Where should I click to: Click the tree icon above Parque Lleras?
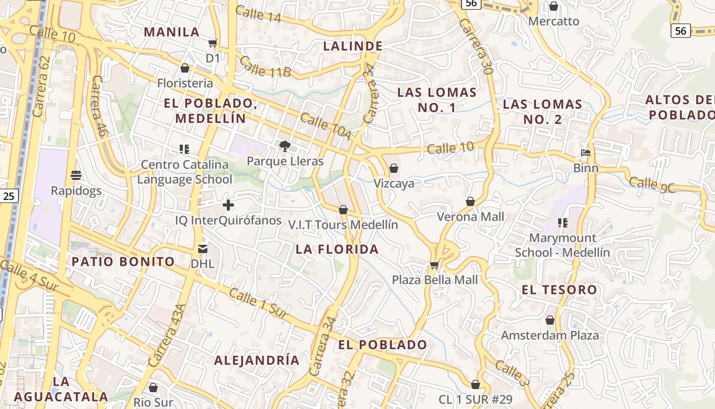coord(285,146)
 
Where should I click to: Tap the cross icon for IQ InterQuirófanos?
coord(228,205)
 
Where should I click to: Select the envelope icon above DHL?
coord(203,248)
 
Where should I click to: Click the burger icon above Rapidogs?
coord(77,175)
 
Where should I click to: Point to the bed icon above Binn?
coord(586,153)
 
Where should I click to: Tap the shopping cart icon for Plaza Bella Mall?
coord(435,264)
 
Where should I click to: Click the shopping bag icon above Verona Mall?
coord(470,201)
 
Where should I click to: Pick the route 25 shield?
coord(9,195)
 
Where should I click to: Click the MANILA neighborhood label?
coord(171,32)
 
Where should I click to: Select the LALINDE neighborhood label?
coord(353,46)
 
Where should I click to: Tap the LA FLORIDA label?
coord(337,249)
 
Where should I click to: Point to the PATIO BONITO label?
coord(123,262)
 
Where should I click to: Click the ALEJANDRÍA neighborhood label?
coord(256,360)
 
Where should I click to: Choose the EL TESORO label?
coord(559,290)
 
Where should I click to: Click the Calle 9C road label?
coord(652,184)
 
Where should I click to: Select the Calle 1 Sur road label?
coord(257,304)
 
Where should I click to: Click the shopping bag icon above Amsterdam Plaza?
coord(550,320)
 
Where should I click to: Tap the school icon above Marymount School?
coord(563,223)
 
